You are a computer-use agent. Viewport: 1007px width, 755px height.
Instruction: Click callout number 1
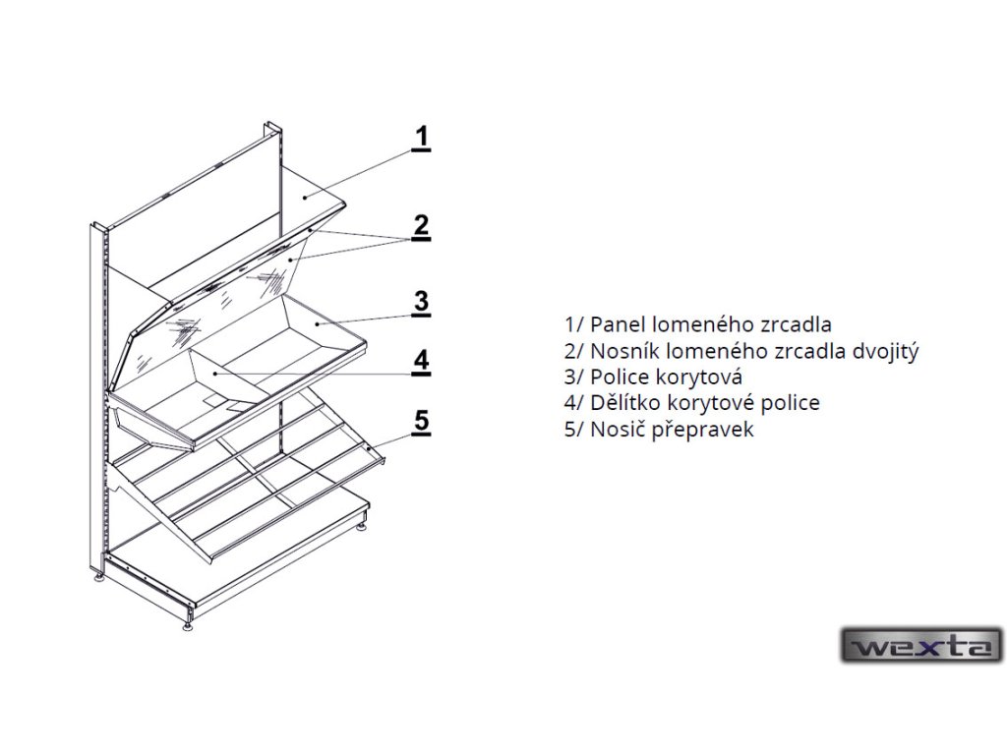point(421,138)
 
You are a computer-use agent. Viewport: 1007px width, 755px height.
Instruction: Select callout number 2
point(421,225)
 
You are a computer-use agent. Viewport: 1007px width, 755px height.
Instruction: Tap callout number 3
point(421,301)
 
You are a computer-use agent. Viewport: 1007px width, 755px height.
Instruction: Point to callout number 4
point(421,361)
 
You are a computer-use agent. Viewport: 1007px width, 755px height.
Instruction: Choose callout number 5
point(421,422)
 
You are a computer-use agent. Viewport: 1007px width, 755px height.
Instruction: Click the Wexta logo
point(921,646)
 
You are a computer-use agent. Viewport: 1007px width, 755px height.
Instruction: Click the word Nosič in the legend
point(616,430)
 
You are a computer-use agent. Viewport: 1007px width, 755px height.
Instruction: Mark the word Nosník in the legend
point(624,350)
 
